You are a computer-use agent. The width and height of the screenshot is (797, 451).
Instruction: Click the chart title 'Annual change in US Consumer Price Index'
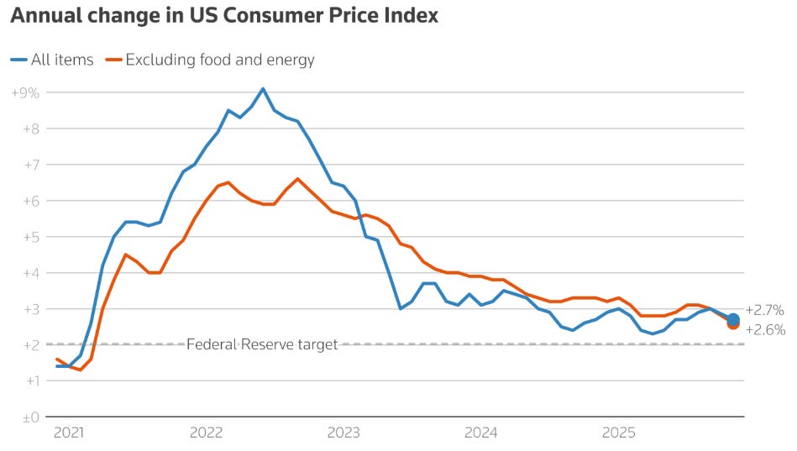click(224, 16)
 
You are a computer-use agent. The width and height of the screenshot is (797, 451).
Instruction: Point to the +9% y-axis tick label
click(26, 92)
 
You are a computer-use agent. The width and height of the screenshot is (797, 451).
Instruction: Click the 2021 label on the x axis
click(68, 433)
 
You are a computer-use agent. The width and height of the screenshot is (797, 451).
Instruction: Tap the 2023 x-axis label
click(343, 433)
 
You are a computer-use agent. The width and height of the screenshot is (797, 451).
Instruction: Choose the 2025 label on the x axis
click(619, 433)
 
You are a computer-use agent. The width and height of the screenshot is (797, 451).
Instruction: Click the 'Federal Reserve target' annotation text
click(262, 344)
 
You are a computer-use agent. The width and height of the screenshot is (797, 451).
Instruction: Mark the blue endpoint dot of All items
click(733, 319)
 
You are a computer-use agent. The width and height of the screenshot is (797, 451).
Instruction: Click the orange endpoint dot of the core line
click(733, 324)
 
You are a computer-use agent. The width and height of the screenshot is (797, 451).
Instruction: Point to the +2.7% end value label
click(764, 310)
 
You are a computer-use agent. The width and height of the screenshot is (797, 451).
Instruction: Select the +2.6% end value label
click(764, 330)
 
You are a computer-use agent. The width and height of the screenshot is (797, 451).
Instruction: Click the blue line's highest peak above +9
click(263, 88)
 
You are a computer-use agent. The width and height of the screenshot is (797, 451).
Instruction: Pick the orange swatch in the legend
click(112, 60)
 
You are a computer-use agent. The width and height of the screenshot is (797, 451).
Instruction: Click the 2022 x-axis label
click(206, 433)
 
